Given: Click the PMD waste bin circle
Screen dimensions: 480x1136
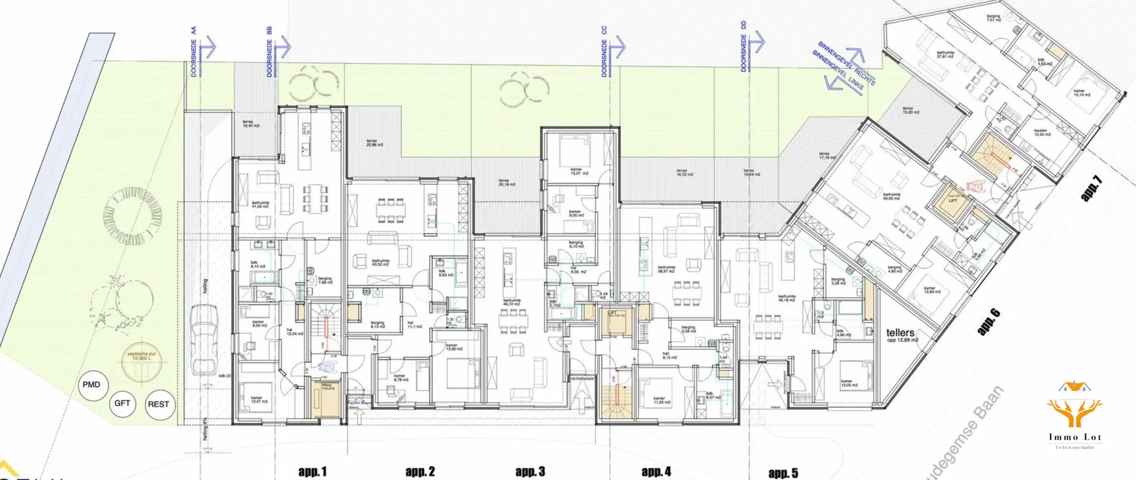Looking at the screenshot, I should click(91, 385).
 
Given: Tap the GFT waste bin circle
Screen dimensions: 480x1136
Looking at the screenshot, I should click(122, 403).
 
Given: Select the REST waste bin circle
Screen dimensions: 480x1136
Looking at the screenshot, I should click(159, 404).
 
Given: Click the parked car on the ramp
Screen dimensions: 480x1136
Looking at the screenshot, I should click(204, 339).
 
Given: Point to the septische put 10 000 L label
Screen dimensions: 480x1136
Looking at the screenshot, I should click(138, 356).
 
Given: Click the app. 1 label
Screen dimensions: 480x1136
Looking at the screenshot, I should click(313, 472).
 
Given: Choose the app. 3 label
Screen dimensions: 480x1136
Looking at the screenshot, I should click(530, 472).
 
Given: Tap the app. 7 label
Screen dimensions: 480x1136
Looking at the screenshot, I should click(1092, 189).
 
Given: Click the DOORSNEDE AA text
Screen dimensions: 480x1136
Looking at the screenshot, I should click(194, 52).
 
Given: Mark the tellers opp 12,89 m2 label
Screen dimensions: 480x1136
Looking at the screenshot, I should click(902, 336).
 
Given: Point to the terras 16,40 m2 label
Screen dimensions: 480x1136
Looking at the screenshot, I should click(251, 124).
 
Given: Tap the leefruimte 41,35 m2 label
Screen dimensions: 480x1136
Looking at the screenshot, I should click(261, 204).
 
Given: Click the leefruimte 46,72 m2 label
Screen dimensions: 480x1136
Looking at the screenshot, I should click(512, 302).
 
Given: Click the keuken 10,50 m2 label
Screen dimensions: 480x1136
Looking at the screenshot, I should click(1042, 132).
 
